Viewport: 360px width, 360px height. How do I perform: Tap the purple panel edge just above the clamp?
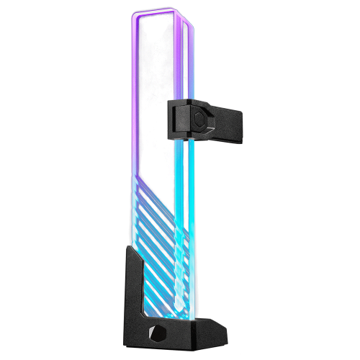pyautogui.click(x=190, y=79)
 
